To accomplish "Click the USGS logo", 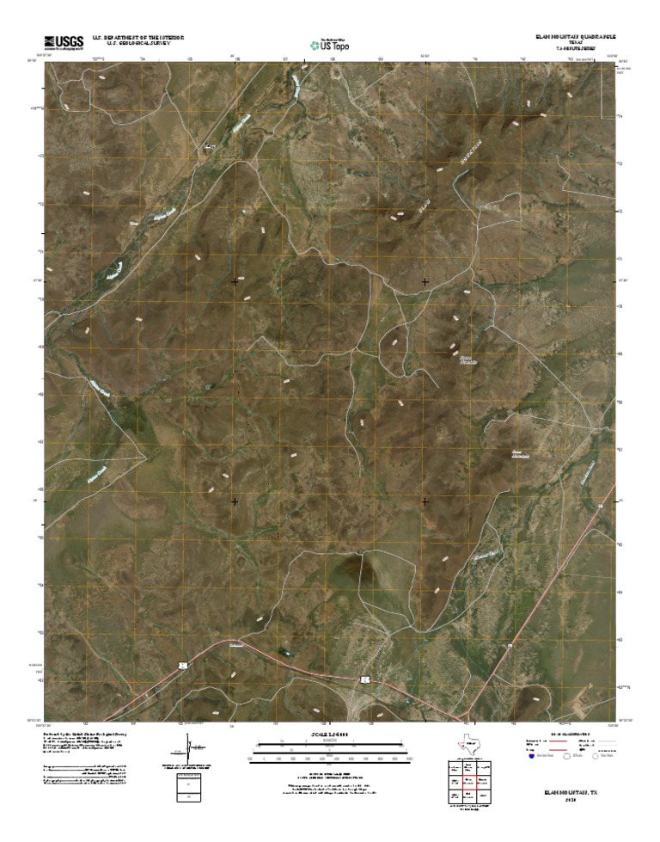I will pos(58,40).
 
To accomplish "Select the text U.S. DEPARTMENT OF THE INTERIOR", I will pos(131,37).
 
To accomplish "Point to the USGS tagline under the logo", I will pos(58,49).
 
